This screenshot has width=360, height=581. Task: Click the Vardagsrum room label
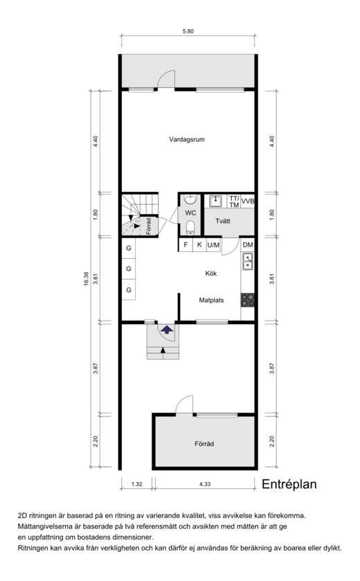pos(187,140)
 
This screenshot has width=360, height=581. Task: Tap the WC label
pos(190,213)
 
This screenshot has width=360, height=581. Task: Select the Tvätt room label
pos(223,221)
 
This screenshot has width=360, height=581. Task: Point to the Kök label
pos(210,274)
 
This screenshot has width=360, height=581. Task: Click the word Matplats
pos(211,300)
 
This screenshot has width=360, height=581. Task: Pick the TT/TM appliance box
pos(234,202)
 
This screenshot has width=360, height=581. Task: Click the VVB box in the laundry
pos(247,202)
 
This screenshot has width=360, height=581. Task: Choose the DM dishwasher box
pos(248,245)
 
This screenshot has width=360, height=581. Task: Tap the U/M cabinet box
pos(213,245)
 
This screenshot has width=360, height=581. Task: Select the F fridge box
pos(186,245)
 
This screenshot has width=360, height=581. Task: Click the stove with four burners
pos(248,300)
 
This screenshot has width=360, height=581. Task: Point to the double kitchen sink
pos(247,261)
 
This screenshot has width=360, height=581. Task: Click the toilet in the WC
pos(190,228)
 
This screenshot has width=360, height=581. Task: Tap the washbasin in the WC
pos(190,200)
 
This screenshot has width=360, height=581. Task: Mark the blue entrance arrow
pos(167,329)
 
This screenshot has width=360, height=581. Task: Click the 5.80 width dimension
pos(188,31)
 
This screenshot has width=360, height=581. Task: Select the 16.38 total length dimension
pos(87,278)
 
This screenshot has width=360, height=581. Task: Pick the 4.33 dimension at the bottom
pos(205,484)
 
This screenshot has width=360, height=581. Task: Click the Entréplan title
pos(289,484)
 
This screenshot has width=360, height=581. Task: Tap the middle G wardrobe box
pos(129,269)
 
